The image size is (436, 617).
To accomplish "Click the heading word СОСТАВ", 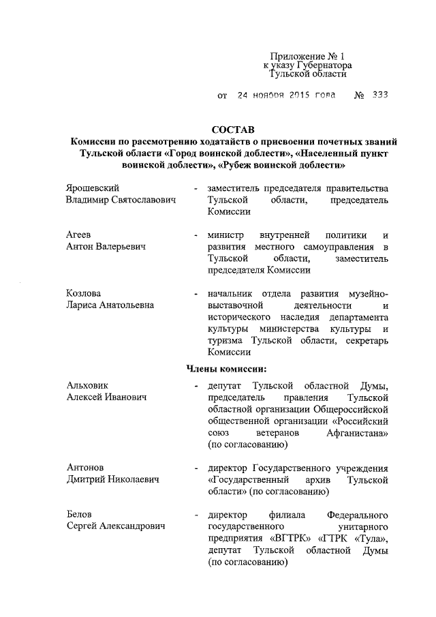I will (232, 130).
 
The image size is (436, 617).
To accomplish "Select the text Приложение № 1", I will (303, 55).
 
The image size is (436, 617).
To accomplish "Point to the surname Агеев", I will (79, 234).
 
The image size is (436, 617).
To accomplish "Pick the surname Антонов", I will (85, 468).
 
